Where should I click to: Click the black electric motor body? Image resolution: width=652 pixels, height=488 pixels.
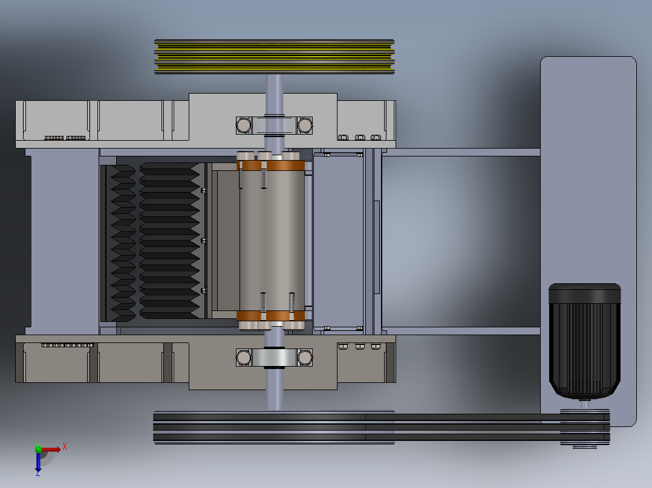tap(585, 341)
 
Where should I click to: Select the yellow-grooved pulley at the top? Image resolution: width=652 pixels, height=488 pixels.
tap(275, 57)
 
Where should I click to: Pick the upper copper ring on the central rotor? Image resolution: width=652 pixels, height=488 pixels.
tap(271, 165)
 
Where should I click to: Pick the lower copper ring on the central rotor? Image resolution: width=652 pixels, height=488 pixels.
tap(271, 316)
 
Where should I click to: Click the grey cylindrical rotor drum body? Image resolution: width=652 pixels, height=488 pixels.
tap(272, 241)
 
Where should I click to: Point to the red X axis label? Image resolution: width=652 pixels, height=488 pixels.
tap(65, 447)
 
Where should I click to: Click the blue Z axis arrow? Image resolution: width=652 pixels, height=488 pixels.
tap(38, 463)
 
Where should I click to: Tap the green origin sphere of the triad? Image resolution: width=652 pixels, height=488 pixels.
tap(38, 449)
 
